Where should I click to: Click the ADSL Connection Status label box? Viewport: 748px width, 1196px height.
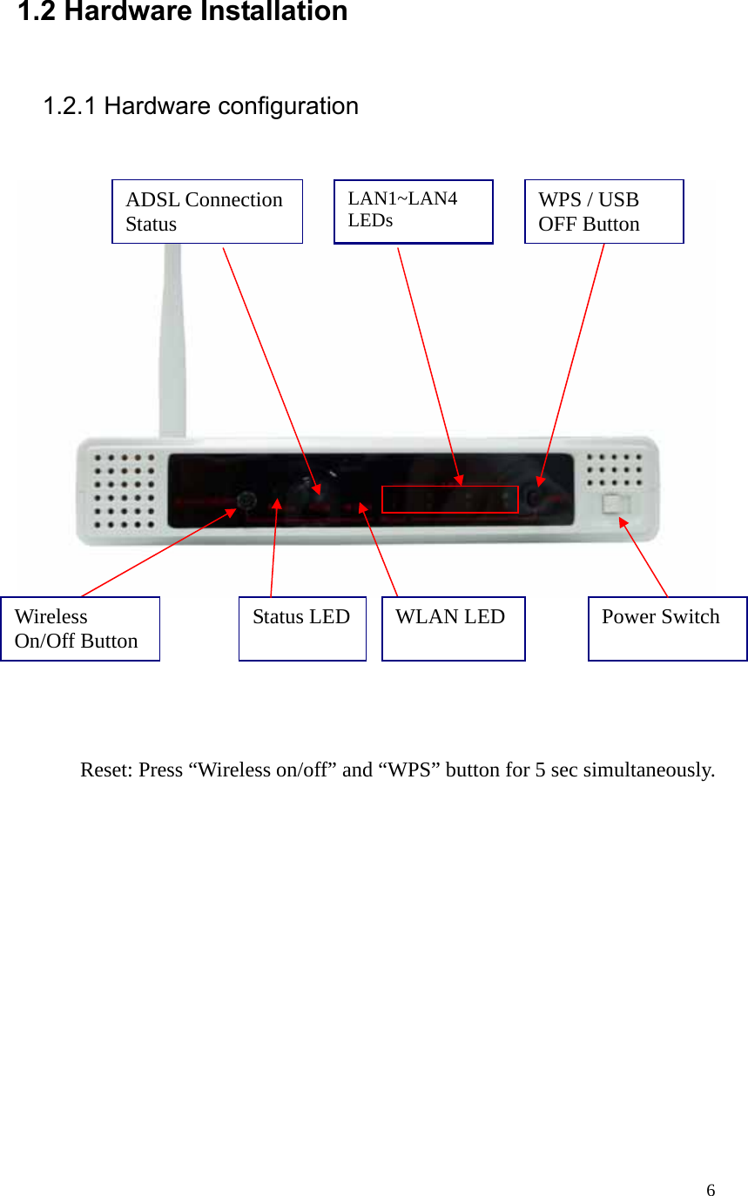[207, 212]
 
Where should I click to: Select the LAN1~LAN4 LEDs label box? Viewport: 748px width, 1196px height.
[414, 212]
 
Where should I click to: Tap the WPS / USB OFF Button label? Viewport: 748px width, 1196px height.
[603, 212]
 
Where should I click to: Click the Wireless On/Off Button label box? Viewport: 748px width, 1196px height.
[80, 628]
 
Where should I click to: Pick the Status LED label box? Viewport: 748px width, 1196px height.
[302, 628]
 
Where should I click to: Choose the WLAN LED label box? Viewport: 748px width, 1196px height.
[453, 628]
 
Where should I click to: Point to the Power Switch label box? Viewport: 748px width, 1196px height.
[667, 628]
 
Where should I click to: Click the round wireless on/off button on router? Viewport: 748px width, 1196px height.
[246, 501]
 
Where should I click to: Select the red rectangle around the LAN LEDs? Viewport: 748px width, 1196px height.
[450, 500]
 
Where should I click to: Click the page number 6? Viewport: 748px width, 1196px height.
[711, 1190]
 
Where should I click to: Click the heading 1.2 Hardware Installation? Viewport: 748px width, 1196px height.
[183, 12]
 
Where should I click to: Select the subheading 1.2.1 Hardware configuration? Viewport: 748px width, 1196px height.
[201, 106]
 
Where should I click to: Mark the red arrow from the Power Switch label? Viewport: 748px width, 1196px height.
[644, 557]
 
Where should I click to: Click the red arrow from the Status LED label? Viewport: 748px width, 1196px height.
[274, 548]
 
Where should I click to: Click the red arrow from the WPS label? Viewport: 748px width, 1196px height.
[572, 361]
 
